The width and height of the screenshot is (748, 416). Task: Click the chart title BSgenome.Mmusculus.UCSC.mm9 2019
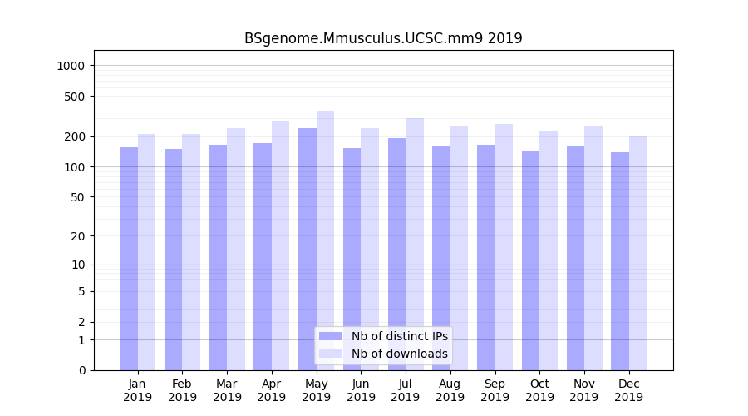[x=383, y=38]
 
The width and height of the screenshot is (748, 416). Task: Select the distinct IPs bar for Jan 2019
[x=129, y=259]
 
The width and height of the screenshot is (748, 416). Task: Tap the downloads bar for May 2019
[x=325, y=241]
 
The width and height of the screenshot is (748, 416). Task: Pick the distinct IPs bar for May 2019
[x=308, y=250]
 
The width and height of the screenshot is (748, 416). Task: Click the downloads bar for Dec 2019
[x=637, y=253]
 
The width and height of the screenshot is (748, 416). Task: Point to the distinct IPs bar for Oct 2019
[x=530, y=260]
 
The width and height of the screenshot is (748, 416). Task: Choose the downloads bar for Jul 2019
[x=415, y=245]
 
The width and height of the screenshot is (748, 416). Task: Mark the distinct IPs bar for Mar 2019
[x=218, y=258]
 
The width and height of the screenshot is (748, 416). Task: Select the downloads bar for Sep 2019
[x=504, y=247]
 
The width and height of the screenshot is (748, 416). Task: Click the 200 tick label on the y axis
[x=76, y=136]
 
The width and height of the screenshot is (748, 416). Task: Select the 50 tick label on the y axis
[x=79, y=197]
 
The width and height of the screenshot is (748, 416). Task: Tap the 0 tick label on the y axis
[x=81, y=370]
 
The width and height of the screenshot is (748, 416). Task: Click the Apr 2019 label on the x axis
[x=272, y=390]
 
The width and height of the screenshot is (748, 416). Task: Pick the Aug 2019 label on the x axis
[x=450, y=390]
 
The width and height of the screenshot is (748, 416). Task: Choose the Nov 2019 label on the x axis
[x=584, y=390]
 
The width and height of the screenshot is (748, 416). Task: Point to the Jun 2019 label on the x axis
[x=361, y=390]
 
